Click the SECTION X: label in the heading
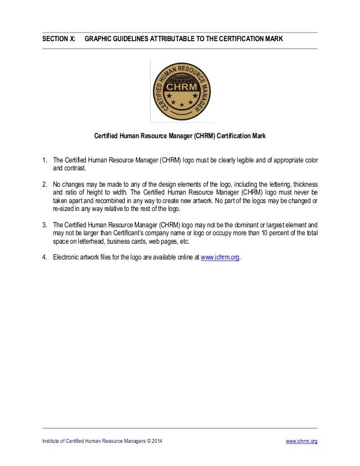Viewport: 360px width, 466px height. pos(58,40)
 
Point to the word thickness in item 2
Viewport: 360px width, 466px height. pos(304,184)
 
